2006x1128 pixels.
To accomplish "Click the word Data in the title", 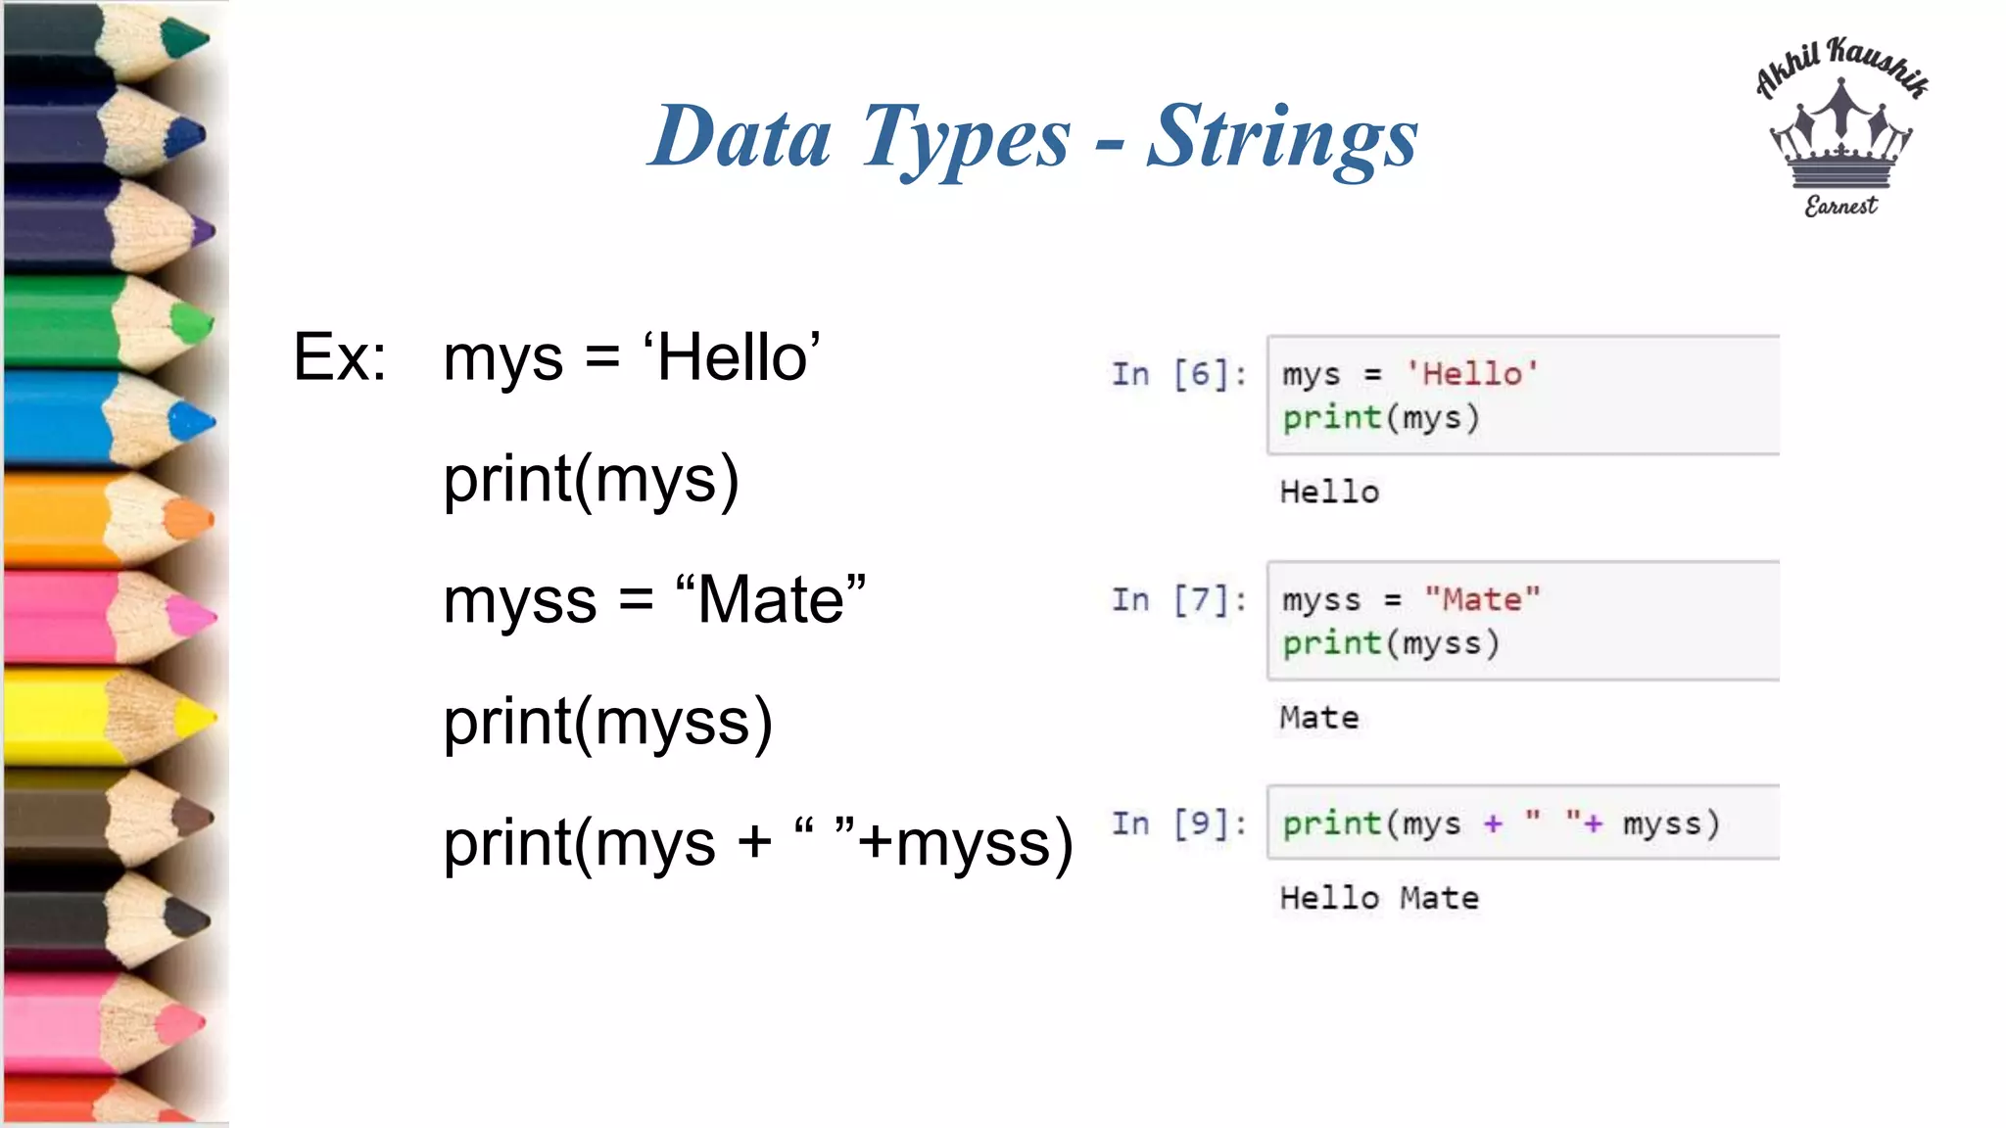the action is [741, 137].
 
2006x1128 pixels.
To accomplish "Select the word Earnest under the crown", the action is [1840, 206].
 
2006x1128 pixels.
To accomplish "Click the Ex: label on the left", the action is [340, 357].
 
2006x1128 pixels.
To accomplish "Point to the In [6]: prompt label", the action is [1178, 374].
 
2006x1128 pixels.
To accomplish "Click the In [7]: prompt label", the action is [1178, 599].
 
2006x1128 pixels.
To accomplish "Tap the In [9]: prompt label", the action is [1178, 823].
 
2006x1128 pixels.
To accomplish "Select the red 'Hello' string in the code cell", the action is [1472, 374].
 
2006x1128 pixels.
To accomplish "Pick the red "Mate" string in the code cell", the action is [1482, 599].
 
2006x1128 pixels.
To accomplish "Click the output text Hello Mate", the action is [1379, 898].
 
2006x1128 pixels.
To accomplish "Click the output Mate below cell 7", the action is [1319, 718].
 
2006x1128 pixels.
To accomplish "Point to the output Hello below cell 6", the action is [1329, 492].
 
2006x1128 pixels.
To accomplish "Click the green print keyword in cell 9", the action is [1331, 823].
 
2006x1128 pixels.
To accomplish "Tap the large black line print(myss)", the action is [607, 723].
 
